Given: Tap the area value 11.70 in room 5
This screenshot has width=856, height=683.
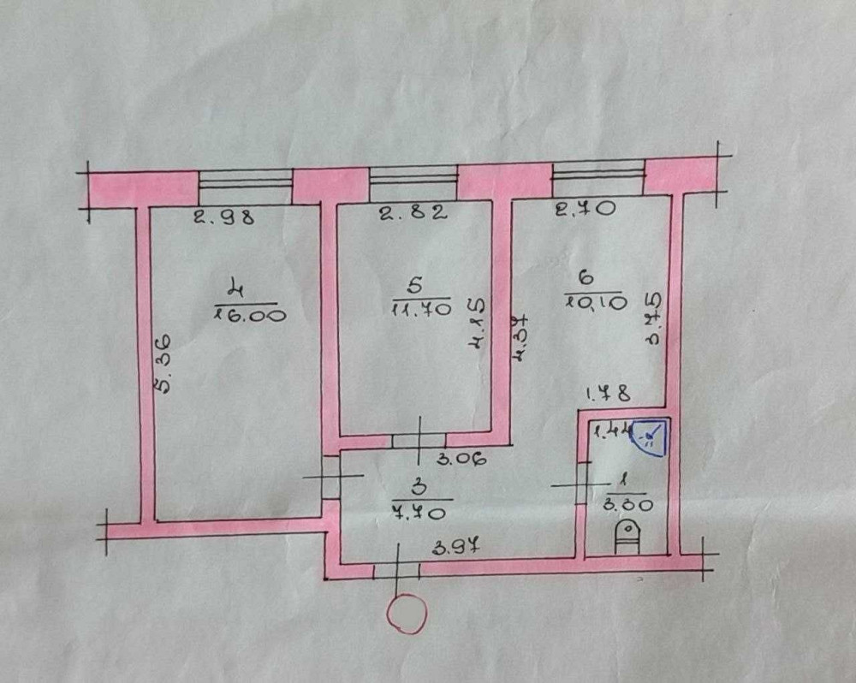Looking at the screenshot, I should point(421,310).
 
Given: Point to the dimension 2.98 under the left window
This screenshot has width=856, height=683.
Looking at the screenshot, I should point(223,217).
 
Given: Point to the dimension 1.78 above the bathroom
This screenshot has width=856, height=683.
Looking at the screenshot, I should point(609,395).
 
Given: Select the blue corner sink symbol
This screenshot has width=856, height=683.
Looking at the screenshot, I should point(652,437).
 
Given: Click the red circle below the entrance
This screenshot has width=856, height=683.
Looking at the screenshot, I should point(407,614).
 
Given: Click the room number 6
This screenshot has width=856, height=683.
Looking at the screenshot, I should point(587,276).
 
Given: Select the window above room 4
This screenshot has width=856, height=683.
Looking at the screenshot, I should point(245,181).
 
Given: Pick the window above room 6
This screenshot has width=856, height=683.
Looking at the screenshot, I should point(598,174).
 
